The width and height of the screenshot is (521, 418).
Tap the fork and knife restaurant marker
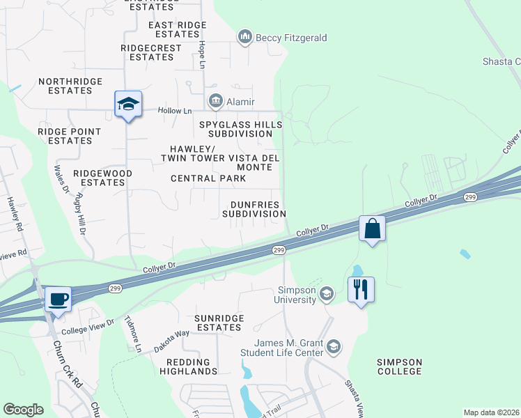point(360,288)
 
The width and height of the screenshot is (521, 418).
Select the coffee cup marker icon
point(58,299)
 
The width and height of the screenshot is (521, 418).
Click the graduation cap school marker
point(128,104)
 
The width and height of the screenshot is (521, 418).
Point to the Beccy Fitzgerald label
point(291,38)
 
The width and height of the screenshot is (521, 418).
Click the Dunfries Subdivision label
point(254,209)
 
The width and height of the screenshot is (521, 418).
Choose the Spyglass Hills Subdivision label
point(240,130)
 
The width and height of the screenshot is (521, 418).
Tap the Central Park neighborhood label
point(208,178)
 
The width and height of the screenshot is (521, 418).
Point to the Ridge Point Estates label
point(70,136)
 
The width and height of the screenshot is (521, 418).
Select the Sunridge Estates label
point(219,323)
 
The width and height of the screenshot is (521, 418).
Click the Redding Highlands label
point(189,366)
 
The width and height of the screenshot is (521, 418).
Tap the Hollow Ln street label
point(174,111)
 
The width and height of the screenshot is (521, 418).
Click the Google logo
point(23,410)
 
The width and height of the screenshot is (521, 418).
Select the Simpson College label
point(399,366)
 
